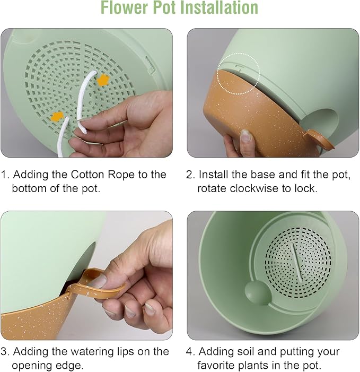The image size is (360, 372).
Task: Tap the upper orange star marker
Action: [103, 80]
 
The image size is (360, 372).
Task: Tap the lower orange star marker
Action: [58, 117]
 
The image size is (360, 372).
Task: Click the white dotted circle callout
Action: [239, 74]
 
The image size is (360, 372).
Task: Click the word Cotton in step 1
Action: [87, 175]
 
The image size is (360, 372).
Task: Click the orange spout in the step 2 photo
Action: [319, 139]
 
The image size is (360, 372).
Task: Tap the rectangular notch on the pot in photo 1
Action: [150, 64]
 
